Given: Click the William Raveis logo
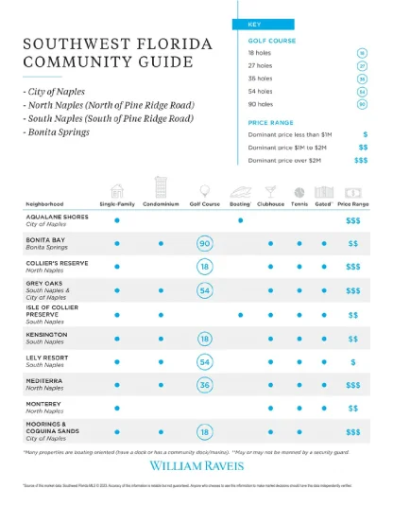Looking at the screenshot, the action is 196,466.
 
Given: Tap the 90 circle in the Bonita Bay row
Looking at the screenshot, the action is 204,243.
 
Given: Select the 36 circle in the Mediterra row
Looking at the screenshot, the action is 204,385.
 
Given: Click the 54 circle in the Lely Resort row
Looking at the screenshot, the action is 204,361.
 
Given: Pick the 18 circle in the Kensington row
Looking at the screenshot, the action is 204,338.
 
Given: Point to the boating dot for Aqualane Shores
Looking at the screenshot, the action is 241,219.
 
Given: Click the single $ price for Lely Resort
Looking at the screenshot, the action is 353,361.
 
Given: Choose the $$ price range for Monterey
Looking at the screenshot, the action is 353,409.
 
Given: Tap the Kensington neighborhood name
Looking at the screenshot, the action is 47,335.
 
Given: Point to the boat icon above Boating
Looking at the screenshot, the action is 240,191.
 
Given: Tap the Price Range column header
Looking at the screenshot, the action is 353,203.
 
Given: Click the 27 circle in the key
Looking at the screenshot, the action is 362,67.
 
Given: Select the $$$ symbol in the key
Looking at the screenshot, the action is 361,161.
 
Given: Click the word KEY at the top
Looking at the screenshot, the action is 254,24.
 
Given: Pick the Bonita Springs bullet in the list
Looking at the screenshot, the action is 57,132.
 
